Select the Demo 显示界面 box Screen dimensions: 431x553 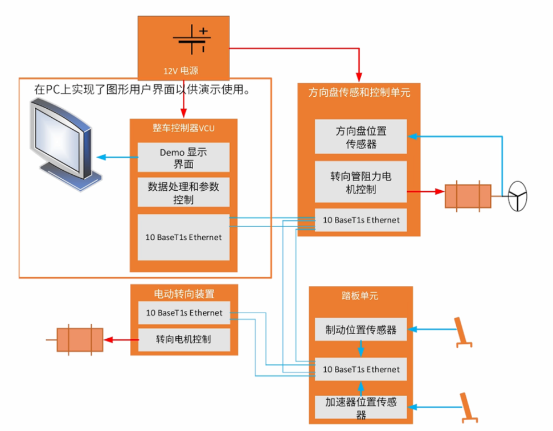coord(183,158)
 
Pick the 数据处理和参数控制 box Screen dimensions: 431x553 coord(183,192)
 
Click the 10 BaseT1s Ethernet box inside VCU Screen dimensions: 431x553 coord(183,237)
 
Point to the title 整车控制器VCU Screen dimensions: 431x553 coord(183,128)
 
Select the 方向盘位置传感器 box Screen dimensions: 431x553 coord(361,137)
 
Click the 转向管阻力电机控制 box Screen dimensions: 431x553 coord(361,182)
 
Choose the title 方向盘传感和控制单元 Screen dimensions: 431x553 coord(359,92)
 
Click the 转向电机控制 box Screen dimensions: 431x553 coord(183,339)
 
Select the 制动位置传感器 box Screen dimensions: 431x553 coord(361,330)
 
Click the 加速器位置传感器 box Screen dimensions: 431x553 coord(361,408)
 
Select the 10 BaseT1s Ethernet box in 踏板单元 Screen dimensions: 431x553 coord(361,369)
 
